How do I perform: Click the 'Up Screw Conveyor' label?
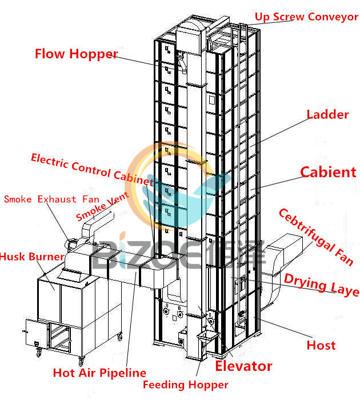(x=306, y=16)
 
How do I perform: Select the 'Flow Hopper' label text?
(x=76, y=54)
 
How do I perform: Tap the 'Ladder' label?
(x=327, y=114)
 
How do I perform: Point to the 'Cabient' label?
(x=328, y=171)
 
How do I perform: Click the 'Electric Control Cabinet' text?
(x=91, y=170)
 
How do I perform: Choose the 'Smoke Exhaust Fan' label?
(x=51, y=199)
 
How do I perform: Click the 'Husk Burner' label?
(x=31, y=257)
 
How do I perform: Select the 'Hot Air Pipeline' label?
(x=99, y=373)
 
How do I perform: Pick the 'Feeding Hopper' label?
(x=185, y=385)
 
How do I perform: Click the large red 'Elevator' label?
(x=243, y=366)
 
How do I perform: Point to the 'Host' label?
(x=321, y=345)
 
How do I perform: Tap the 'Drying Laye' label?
(x=321, y=285)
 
